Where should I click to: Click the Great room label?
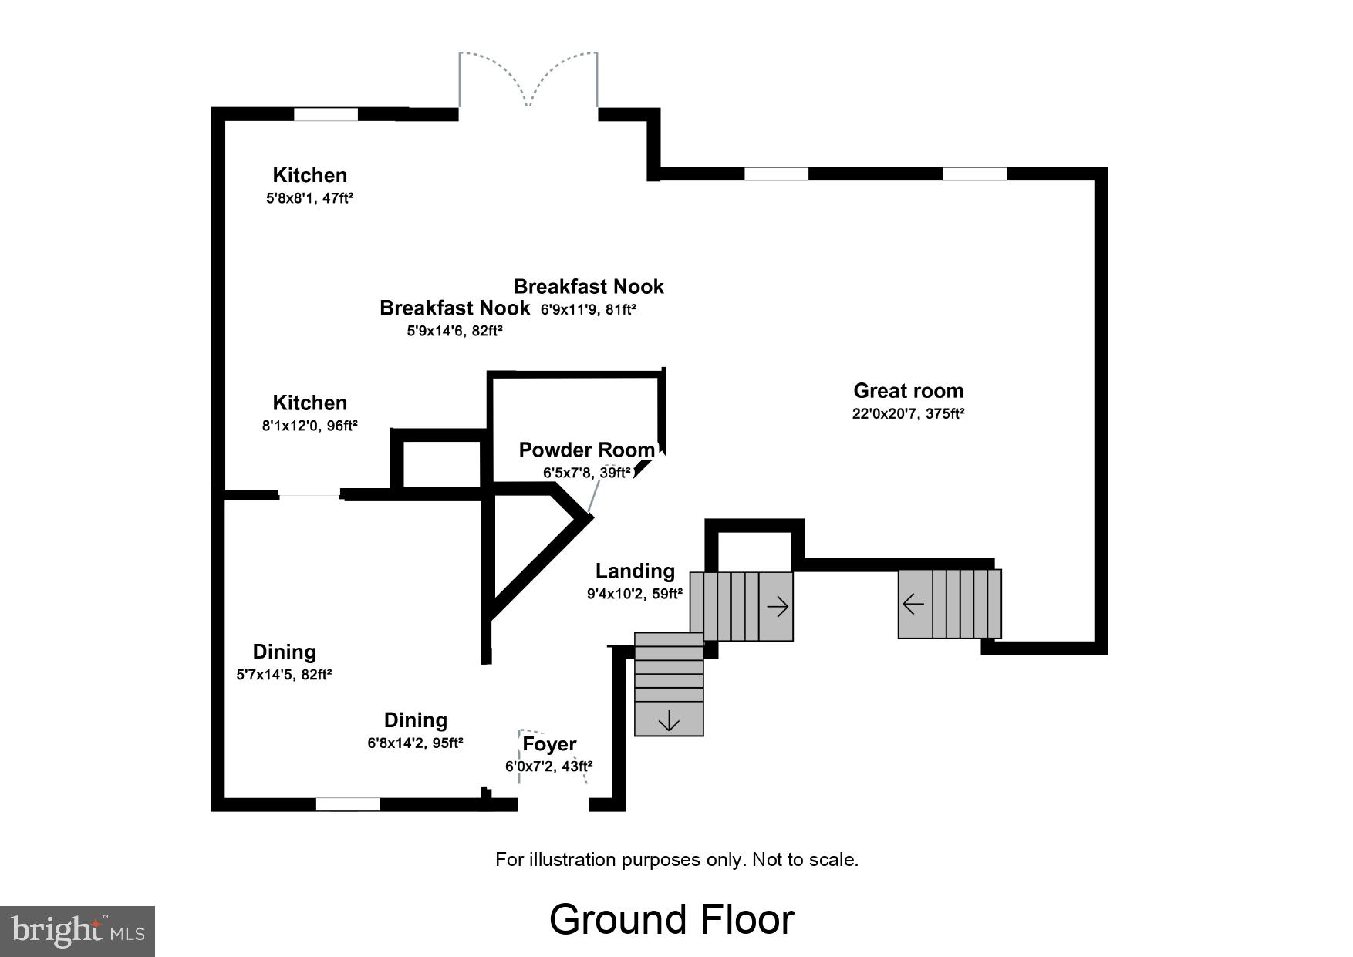tap(908, 391)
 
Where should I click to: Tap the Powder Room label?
tap(586, 450)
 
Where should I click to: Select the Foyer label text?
tap(549, 744)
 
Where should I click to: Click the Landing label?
tap(635, 571)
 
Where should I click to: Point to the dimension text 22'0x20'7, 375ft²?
tap(908, 413)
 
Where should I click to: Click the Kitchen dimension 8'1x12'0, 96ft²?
tap(309, 425)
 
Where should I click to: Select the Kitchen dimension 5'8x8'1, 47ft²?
tap(309, 198)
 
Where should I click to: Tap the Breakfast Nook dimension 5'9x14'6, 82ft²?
tap(454, 331)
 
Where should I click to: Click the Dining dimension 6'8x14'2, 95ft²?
tap(415, 743)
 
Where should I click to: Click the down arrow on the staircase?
tap(669, 722)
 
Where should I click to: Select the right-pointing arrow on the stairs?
tap(778, 607)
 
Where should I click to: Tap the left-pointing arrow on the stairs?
tap(913, 603)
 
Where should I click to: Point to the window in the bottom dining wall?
tap(348, 804)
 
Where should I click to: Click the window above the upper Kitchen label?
tap(326, 114)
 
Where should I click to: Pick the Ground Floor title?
tap(671, 919)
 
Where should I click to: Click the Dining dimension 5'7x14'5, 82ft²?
tap(284, 675)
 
